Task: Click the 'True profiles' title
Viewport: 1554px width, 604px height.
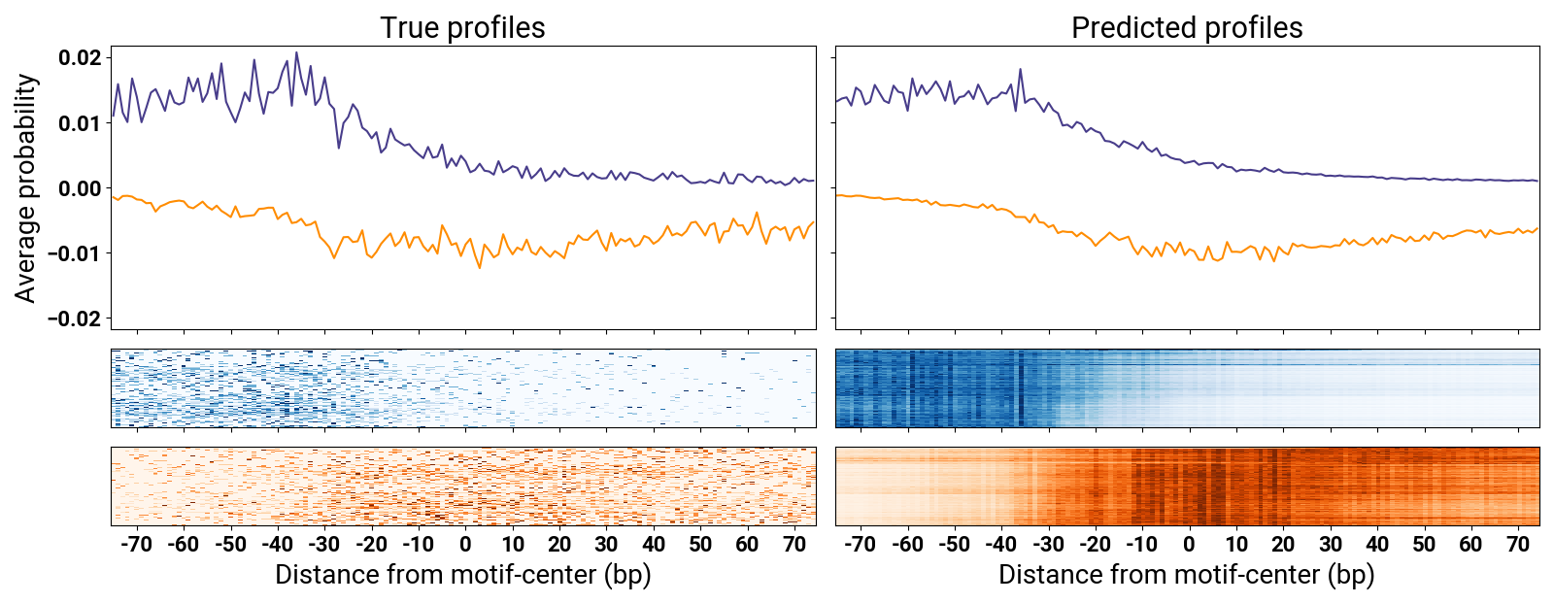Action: coord(462,27)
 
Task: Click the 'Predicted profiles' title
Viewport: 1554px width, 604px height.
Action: coord(1186,27)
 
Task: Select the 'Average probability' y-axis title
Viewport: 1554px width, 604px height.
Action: coord(25,188)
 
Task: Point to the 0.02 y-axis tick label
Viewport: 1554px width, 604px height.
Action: coord(79,58)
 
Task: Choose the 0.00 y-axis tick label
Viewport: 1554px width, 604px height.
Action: coord(79,188)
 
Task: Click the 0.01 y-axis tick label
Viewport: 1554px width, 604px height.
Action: coord(79,123)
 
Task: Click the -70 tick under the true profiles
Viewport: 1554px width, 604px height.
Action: coord(136,544)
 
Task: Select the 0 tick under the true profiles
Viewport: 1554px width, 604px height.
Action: coord(465,544)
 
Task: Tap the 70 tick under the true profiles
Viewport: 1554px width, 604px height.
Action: coord(794,544)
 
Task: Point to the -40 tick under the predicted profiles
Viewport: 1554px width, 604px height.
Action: coord(1000,544)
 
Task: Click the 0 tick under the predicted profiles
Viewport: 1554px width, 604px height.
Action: coord(1189,544)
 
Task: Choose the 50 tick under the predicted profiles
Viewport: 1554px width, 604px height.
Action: coord(1424,544)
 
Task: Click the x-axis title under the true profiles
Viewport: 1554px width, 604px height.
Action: coord(462,575)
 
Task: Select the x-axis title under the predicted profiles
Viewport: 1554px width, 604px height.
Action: coord(1186,575)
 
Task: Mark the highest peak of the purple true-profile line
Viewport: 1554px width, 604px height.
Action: coord(296,52)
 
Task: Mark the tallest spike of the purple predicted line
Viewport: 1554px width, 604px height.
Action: coord(1020,69)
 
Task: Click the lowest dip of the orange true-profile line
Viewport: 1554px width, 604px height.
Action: coord(479,268)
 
